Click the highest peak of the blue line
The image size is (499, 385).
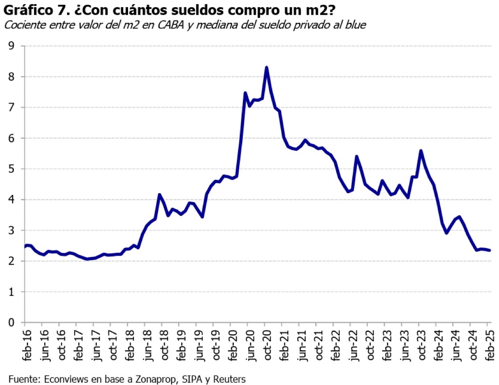pyautogui.click(x=266, y=67)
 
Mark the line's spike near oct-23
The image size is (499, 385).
pyautogui.click(x=420, y=151)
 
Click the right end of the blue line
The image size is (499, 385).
pyautogui.click(x=490, y=250)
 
